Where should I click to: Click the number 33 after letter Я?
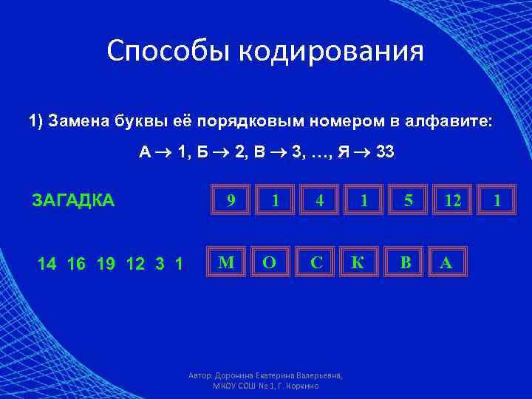385,153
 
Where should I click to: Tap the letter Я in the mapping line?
344,153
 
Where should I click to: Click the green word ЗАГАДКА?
73,200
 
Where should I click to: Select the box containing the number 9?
231,199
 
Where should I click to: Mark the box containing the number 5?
408,199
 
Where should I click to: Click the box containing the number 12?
450,199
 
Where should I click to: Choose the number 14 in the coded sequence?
46,262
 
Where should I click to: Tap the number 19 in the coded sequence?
106,262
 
